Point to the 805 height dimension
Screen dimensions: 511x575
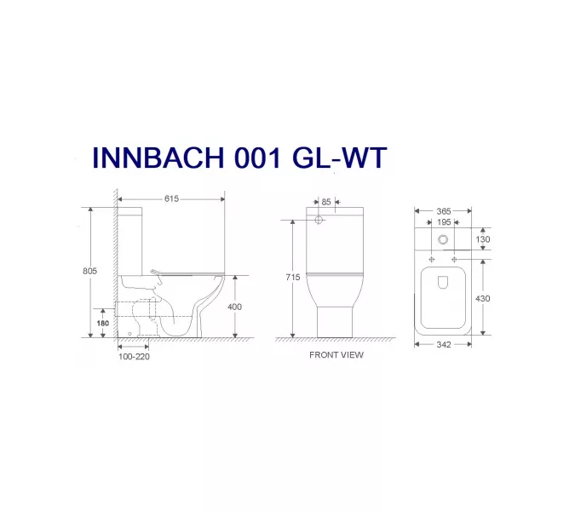pos(90,270)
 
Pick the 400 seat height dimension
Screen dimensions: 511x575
pos(236,306)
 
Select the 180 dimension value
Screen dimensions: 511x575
pos(102,324)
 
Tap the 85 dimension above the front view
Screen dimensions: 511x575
pos(326,202)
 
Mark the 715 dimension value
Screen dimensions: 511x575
pos(292,277)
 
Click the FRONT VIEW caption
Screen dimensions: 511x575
pos(336,354)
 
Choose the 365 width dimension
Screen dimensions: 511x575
pos(443,210)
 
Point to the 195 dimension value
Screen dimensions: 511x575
pos(443,222)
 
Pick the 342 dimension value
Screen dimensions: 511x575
pos(443,345)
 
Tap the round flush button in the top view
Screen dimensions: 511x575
pos(443,240)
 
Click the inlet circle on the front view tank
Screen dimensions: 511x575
pos(319,221)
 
